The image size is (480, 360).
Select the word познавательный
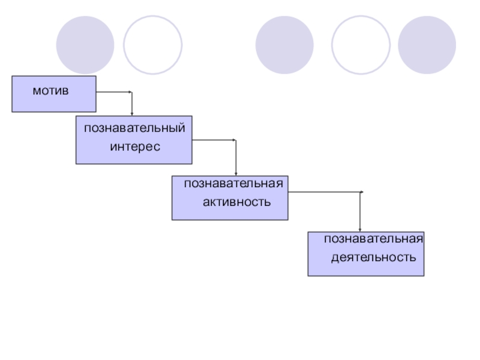coord(134,128)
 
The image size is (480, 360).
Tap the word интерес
coord(135,146)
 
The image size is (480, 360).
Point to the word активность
coord(236,202)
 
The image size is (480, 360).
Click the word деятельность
coord(373,257)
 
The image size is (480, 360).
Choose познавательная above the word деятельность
coord(374,239)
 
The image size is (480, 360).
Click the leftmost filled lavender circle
coord(85,45)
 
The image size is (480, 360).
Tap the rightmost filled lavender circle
coord(427,45)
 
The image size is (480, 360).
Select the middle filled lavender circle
coord(284,45)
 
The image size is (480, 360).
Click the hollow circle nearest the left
coord(152,45)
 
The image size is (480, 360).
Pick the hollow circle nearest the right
coord(361,45)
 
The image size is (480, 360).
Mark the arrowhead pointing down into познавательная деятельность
coord(360,229)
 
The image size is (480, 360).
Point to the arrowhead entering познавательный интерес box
coord(131,113)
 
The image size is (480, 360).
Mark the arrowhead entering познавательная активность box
coord(235,173)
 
